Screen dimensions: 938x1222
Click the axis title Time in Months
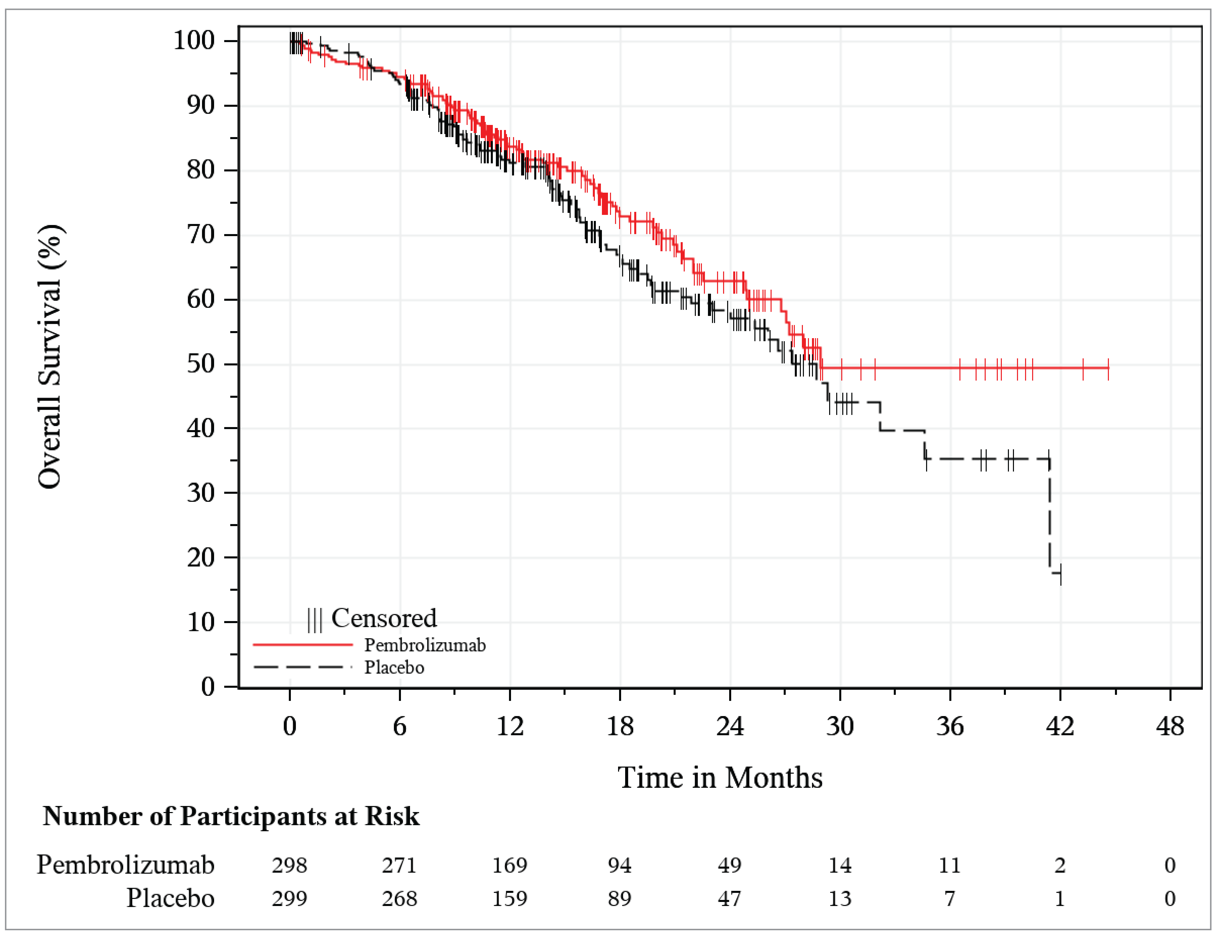point(720,777)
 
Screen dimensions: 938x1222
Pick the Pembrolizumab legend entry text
point(425,645)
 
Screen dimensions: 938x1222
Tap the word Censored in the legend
point(384,618)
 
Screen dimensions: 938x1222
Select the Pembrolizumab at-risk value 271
point(400,865)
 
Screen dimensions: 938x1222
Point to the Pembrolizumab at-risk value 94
point(619,865)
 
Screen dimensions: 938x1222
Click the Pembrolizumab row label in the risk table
point(126,865)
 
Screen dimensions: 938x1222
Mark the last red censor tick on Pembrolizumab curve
point(1108,368)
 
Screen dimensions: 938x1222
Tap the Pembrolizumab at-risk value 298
point(290,865)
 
